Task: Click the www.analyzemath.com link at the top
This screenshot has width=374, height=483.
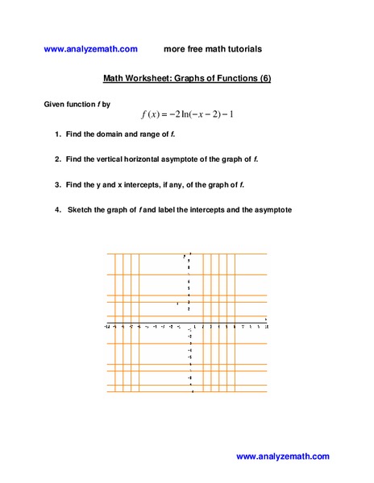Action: pyautogui.click(x=91, y=49)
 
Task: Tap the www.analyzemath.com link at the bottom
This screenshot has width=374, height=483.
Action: pyautogui.click(x=282, y=456)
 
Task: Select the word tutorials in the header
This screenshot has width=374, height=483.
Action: pyautogui.click(x=239, y=49)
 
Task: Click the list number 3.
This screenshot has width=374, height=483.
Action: pyautogui.click(x=58, y=185)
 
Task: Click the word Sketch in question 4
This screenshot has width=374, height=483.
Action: pyautogui.click(x=82, y=210)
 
